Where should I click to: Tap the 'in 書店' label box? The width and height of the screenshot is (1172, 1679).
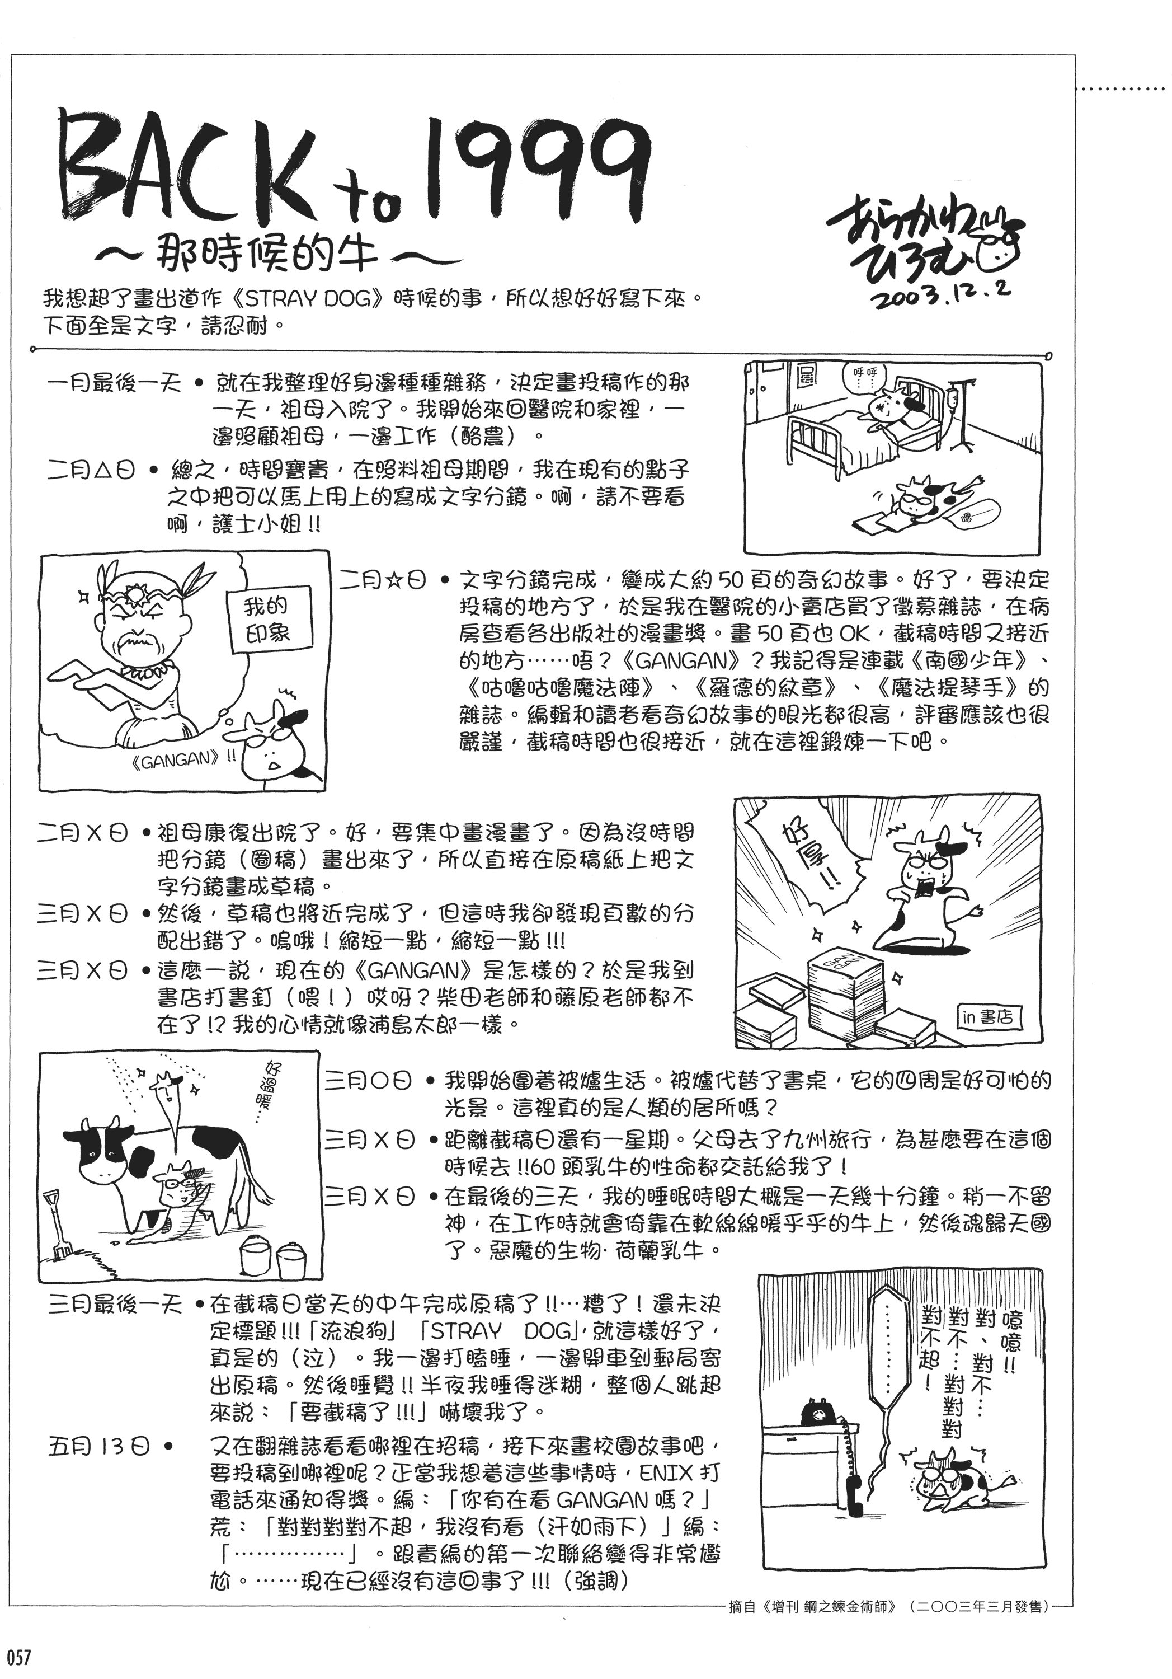coord(989,1016)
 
